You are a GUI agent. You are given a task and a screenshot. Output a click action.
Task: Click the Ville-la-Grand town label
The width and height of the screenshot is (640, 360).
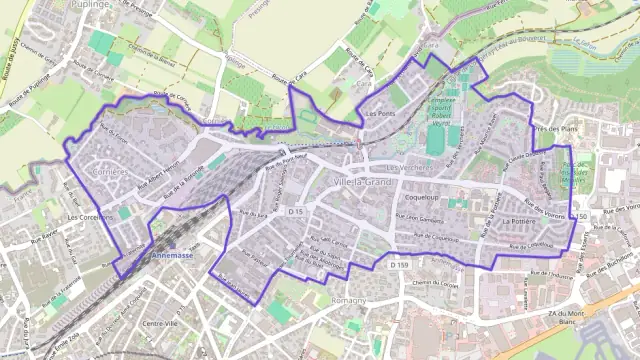[x=365, y=183]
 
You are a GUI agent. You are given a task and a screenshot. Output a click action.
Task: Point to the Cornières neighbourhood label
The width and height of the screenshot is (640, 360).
[x=109, y=171]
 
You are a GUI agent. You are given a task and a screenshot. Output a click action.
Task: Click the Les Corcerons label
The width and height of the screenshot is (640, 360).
[x=87, y=216]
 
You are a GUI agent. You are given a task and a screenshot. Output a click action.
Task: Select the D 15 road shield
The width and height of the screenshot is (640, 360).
[x=295, y=213]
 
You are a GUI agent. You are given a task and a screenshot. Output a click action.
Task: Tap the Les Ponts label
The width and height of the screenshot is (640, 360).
[x=380, y=114]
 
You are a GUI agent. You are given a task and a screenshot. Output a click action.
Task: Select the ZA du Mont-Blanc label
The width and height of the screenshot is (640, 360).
[x=566, y=318]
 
